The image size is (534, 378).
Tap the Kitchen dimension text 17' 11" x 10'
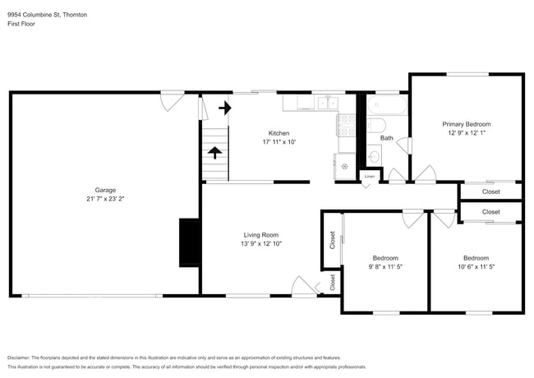coord(279,142)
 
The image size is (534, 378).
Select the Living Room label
coord(261,235)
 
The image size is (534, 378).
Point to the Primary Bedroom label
coord(466,123)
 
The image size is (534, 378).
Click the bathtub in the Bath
coord(386,105)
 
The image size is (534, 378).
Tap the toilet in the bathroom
coord(375,126)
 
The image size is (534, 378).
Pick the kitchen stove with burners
coord(346,124)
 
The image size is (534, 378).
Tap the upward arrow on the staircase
coord(215,152)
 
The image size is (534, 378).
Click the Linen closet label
coord(370,177)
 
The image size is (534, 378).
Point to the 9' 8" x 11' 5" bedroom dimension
coord(384,266)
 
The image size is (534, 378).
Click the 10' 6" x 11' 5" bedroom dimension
coord(476,266)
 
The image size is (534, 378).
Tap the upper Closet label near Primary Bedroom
coord(490,191)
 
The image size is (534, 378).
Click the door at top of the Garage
coord(171,100)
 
